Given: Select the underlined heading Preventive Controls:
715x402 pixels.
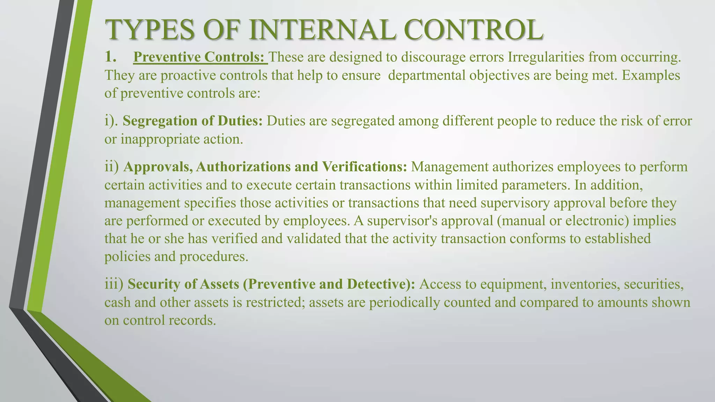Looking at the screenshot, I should point(200,57).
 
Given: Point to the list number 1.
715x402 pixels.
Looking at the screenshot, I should point(111,57).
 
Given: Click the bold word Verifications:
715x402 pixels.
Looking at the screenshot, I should point(364,167).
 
